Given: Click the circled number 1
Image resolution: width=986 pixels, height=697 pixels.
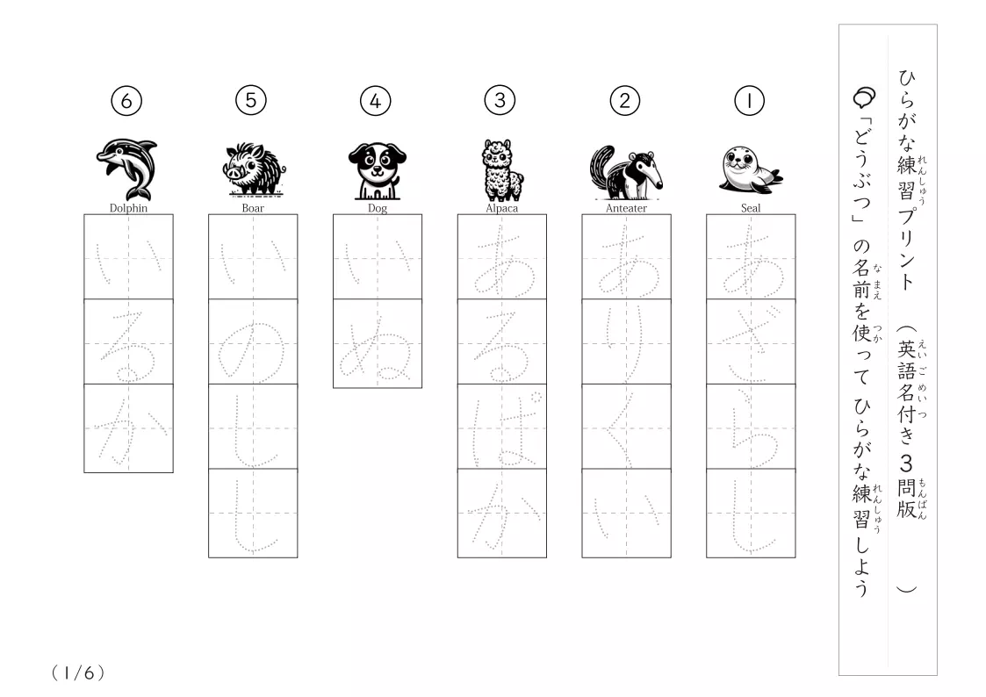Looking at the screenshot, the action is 749,101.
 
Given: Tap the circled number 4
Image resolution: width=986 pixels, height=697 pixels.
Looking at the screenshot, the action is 376,101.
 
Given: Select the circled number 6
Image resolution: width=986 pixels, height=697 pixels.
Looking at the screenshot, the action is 126,101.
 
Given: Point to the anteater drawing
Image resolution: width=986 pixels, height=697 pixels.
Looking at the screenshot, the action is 626,171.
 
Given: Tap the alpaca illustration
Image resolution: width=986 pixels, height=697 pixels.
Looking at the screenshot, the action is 502,169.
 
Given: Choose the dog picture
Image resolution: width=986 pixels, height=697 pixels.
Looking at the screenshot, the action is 378,170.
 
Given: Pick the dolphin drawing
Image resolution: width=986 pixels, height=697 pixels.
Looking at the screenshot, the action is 127,169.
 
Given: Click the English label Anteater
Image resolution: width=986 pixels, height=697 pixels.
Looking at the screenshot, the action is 626,208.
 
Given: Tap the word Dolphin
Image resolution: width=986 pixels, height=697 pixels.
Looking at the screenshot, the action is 128,208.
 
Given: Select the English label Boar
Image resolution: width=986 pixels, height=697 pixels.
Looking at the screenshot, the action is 253,208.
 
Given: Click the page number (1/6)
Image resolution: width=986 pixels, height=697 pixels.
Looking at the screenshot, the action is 78,673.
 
